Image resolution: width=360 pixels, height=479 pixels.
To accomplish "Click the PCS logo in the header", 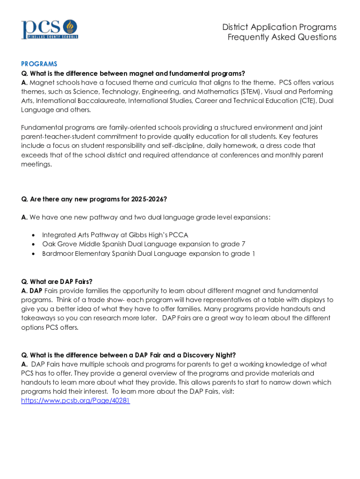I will click(49, 29).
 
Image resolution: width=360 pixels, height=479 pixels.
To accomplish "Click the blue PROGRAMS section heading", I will click(39, 64).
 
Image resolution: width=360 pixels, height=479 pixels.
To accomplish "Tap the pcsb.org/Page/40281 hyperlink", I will click(75, 401).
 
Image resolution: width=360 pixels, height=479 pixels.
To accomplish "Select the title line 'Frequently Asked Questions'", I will click(282, 37).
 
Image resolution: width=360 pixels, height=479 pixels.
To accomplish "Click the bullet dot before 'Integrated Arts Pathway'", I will click(33, 235).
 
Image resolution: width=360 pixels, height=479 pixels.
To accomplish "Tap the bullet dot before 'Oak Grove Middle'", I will click(33, 244).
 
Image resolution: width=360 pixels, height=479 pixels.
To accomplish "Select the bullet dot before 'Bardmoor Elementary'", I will click(33, 254).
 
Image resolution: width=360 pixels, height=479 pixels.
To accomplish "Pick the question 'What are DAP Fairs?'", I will click(57, 282).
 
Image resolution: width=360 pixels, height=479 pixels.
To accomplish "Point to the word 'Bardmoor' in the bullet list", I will click(57, 254).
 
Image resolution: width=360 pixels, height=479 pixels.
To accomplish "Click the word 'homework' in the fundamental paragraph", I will click(245, 146).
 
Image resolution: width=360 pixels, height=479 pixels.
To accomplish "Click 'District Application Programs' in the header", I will click(279, 27).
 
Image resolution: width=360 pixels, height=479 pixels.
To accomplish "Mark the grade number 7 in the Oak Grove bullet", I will click(243, 244).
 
